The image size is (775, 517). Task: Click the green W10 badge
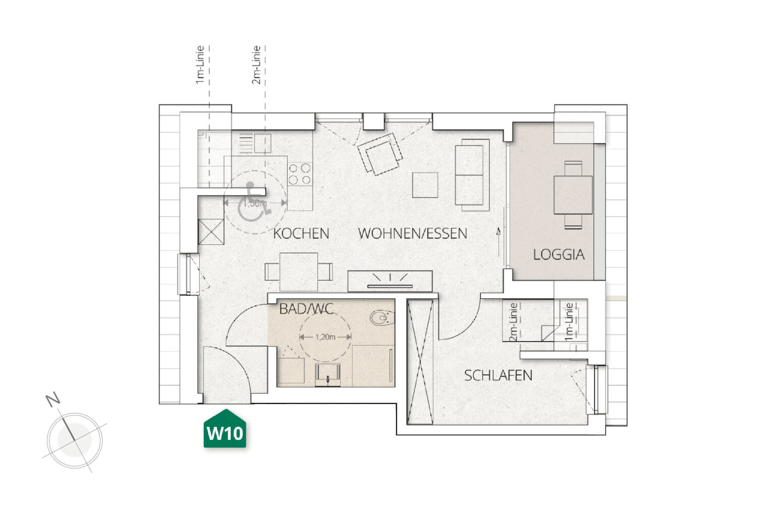[x=225, y=429]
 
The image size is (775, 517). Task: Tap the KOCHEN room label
[x=301, y=234]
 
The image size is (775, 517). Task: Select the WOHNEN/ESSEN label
[x=412, y=234]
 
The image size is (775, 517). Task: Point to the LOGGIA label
[x=559, y=255]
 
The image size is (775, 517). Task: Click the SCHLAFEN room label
[x=498, y=376]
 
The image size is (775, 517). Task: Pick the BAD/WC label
[x=306, y=309]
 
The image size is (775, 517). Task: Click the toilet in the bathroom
[x=382, y=318]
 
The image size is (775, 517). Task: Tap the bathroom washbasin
[x=327, y=375]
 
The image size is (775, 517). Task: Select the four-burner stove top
[x=300, y=174]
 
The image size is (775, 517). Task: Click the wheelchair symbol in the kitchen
[x=253, y=202]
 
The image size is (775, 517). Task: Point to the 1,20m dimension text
[x=325, y=337]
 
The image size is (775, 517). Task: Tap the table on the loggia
[x=573, y=195]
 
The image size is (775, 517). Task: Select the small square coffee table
[x=425, y=185]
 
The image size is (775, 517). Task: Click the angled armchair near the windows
[x=380, y=154]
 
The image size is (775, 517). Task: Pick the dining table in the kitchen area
[x=299, y=272]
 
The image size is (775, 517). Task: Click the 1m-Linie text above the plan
[x=200, y=65]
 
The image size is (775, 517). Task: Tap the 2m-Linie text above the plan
[x=256, y=65]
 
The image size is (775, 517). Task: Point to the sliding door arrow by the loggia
[x=499, y=242]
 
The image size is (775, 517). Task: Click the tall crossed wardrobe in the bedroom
[x=420, y=362]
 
